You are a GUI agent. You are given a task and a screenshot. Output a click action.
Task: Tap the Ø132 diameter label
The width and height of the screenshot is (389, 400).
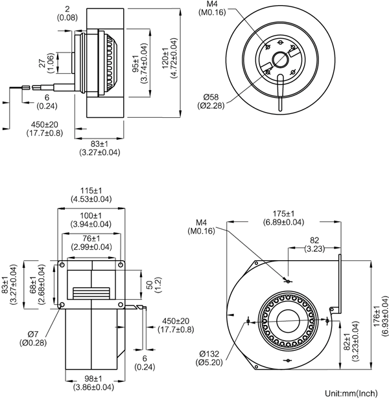click(x=211, y=353)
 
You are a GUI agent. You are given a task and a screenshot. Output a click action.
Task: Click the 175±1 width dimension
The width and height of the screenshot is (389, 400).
click(x=283, y=214)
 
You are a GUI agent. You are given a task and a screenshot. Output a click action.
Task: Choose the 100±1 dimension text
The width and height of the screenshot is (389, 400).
click(x=90, y=216)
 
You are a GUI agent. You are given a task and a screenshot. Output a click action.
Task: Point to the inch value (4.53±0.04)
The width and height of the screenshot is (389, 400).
click(x=90, y=199)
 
